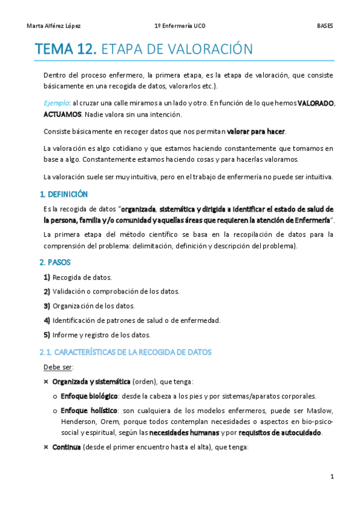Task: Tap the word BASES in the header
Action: [x=325, y=26]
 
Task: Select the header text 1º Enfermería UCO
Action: [x=180, y=26]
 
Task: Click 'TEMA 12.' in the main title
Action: [x=66, y=49]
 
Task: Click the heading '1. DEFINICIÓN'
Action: [x=63, y=194]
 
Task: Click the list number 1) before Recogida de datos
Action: [x=47, y=277]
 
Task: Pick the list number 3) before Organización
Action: [x=47, y=306]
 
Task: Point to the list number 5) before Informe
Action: [x=47, y=335]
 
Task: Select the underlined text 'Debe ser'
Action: [x=58, y=367]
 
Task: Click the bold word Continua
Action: [x=66, y=447]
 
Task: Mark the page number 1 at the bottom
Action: [x=332, y=477]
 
